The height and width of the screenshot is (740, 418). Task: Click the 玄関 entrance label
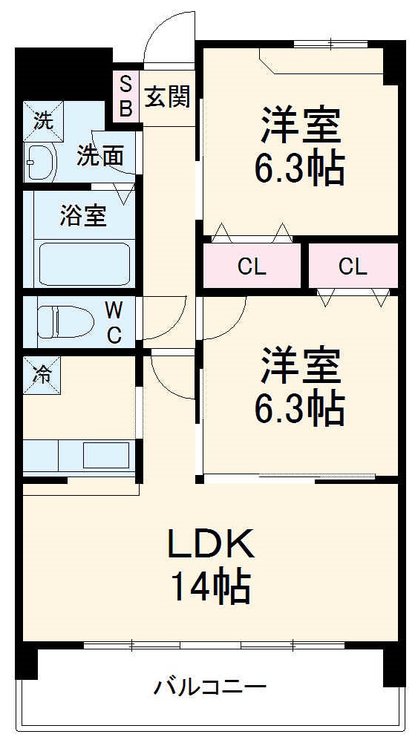[x=168, y=96]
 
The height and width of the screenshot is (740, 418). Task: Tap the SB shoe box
[x=125, y=96]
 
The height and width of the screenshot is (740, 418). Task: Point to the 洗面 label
[x=101, y=156]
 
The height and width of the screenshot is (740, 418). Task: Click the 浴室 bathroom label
[x=83, y=216]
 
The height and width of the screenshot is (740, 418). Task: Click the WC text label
[x=114, y=321]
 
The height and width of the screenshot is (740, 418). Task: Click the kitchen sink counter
[x=78, y=455]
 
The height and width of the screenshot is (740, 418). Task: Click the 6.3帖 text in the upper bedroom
[x=300, y=169]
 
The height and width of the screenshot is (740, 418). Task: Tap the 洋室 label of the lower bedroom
[x=300, y=364]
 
